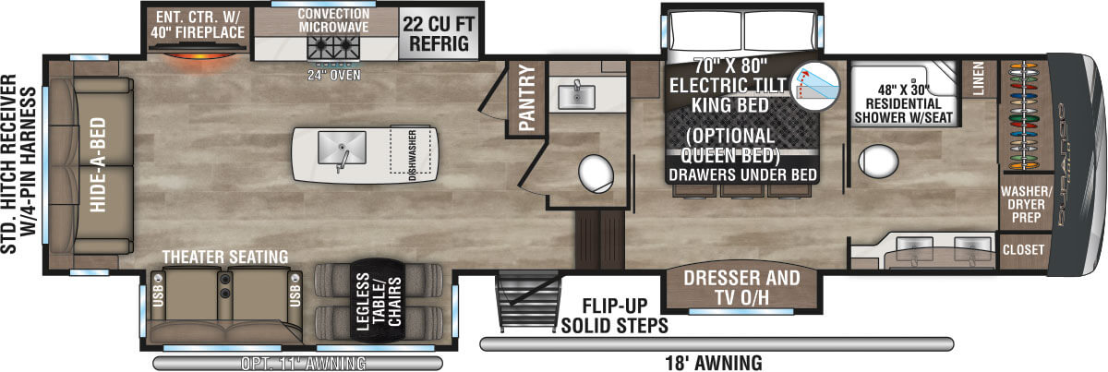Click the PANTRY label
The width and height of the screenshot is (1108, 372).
coord(527,99)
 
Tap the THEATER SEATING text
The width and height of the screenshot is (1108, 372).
coord(224,256)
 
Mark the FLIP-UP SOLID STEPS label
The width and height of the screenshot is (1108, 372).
coord(613,316)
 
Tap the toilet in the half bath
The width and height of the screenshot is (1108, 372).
coord(596,173)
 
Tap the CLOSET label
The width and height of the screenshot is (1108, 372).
coord(1023,249)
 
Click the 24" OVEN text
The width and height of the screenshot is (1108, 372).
coord(333,75)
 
